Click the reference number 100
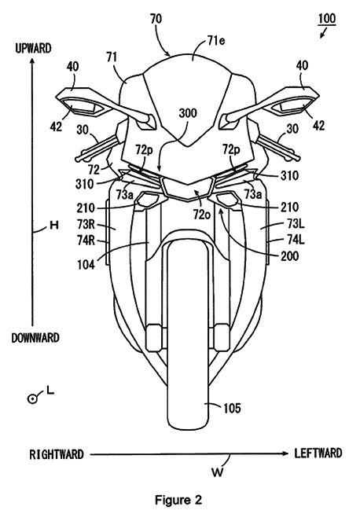tap(330, 17)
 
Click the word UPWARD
tap(32, 49)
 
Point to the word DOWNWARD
tap(35, 337)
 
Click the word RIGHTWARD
tap(56, 454)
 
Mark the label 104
tap(105, 266)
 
